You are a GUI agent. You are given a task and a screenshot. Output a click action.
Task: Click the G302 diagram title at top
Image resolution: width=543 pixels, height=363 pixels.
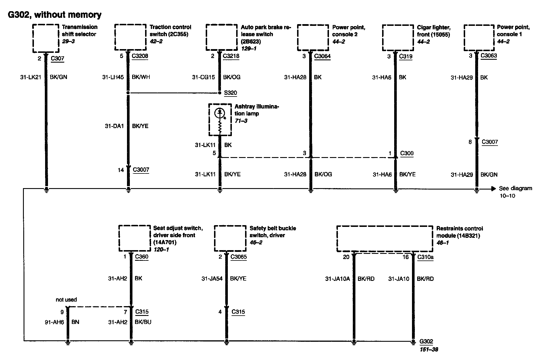coord(55,15)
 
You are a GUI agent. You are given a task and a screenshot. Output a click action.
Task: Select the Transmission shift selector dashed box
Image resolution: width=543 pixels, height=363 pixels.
coord(46,38)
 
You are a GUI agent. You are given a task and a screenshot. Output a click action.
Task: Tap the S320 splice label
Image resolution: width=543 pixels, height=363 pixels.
coord(230,93)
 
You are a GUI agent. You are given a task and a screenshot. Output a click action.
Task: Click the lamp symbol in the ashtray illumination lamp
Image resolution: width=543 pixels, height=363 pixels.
coord(220,113)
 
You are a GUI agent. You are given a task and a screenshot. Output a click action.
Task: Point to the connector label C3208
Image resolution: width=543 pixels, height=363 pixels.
coord(140,56)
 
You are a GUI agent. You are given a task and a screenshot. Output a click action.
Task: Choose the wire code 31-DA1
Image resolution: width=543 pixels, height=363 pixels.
coord(114,126)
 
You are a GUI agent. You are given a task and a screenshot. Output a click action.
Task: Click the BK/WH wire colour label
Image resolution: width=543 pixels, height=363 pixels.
coord(141,77)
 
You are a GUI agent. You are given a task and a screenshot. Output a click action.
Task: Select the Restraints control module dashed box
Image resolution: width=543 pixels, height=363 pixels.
coord(384,239)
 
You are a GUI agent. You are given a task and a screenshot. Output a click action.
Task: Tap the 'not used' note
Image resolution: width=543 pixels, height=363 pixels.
coord(66,300)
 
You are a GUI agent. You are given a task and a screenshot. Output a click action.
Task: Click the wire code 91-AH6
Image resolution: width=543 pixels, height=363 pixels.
coord(54,322)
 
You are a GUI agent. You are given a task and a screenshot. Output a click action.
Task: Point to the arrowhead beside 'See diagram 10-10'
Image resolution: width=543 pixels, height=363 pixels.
coord(493,189)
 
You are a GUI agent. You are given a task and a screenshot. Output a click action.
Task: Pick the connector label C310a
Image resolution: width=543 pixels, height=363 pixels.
coord(425,257)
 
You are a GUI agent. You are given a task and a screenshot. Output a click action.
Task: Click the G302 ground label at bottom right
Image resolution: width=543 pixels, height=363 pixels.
coord(426,341)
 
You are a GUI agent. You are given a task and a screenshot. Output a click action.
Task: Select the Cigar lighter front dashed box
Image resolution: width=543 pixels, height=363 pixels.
coord(398,38)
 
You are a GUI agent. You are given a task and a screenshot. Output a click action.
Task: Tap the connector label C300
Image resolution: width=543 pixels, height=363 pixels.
coord(407,153)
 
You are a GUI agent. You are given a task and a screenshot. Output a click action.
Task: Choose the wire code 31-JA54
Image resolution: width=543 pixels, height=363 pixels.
coord(212,278)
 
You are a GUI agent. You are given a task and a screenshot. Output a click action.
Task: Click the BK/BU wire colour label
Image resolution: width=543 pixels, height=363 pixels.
coord(143,322)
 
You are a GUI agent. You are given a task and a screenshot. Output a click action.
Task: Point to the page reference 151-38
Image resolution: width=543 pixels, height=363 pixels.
coord(429,349)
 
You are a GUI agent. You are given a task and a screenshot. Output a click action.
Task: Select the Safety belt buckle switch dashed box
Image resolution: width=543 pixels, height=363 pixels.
coord(230,238)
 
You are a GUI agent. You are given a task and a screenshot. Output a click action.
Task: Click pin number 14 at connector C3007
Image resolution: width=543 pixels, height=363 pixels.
coord(121,170)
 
